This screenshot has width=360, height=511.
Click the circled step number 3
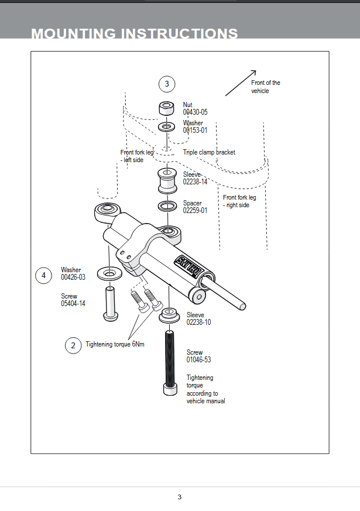(x=167, y=84)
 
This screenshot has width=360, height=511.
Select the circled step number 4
(x=43, y=275)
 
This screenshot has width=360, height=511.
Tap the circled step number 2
(x=73, y=345)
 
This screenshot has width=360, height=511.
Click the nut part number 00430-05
(x=195, y=112)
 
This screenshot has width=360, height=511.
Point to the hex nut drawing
(x=167, y=108)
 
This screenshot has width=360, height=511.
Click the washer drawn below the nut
(x=167, y=126)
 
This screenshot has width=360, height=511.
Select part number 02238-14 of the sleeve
(x=195, y=182)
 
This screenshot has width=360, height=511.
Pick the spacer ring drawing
(x=167, y=206)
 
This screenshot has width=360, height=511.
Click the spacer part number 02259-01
(x=195, y=211)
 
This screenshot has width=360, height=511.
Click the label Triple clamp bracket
(x=209, y=152)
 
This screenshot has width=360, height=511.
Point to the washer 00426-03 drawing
(x=109, y=273)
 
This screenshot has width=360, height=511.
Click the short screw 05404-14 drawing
(x=110, y=302)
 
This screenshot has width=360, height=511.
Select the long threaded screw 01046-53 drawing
(x=170, y=363)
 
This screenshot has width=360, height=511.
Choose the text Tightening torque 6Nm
(x=115, y=345)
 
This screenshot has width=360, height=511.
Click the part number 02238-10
(x=198, y=323)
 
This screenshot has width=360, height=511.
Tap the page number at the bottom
(x=180, y=497)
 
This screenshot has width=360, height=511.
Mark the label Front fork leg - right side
(x=239, y=201)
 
